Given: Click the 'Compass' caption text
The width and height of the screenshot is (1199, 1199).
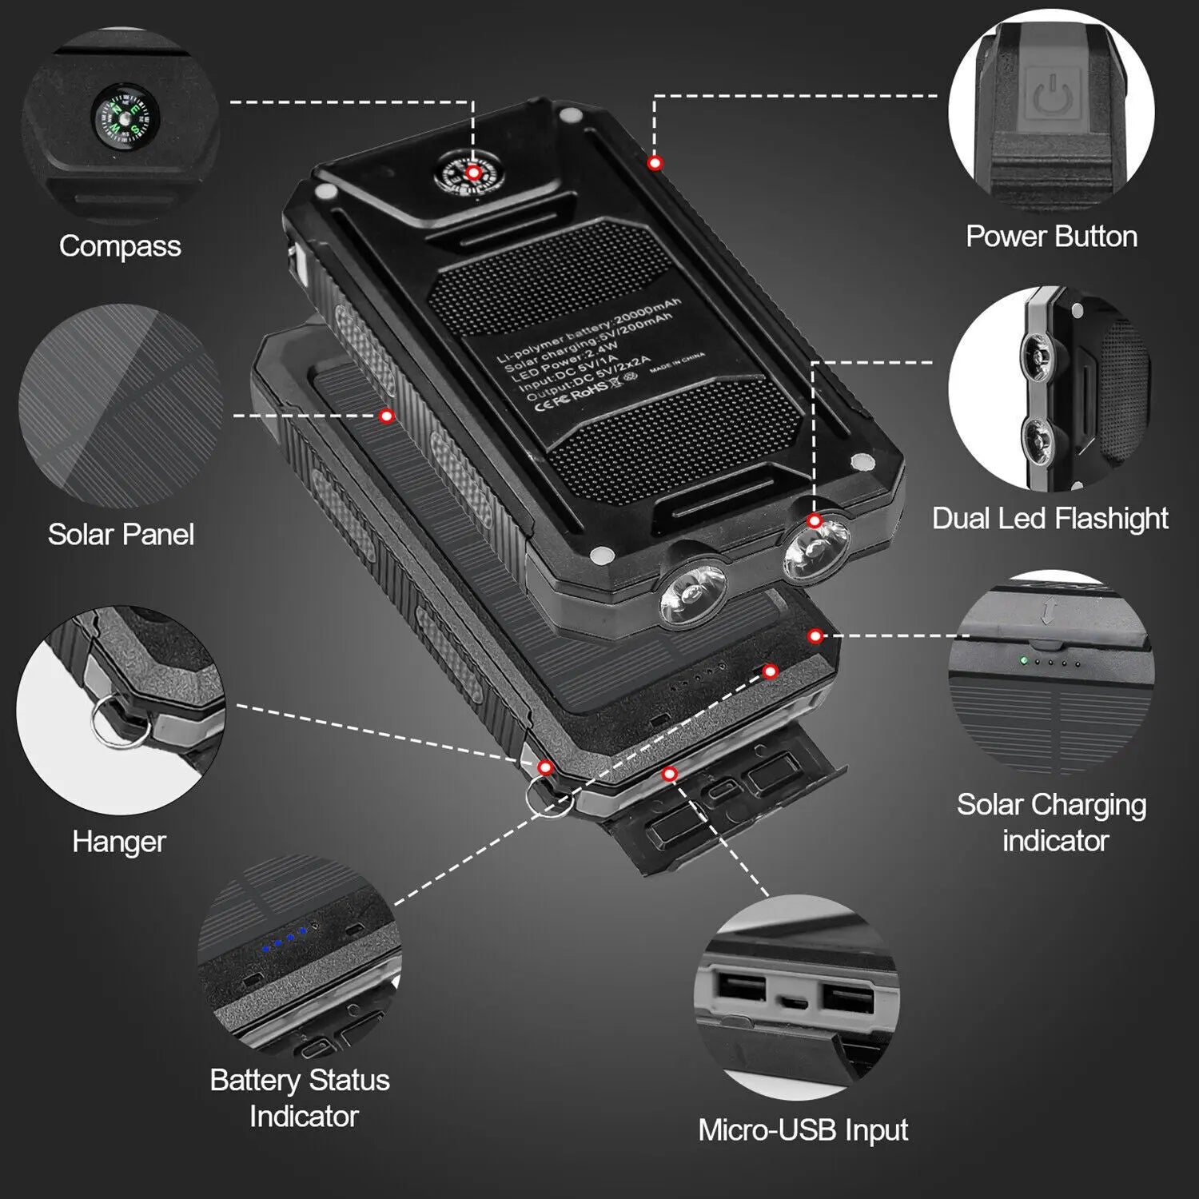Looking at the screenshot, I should (x=120, y=246).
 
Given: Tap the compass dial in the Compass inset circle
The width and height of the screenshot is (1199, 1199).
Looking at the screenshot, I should (x=125, y=118).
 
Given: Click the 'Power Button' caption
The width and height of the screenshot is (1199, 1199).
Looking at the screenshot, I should (x=1051, y=237).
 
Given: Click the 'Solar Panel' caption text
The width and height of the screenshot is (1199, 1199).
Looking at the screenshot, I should (x=121, y=534).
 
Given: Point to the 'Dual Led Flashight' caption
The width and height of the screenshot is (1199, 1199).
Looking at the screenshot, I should (x=1050, y=518).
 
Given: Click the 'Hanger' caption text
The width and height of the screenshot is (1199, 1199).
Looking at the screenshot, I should (x=119, y=841).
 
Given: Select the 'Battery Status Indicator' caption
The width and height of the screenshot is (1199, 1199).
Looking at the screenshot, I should (x=301, y=1097).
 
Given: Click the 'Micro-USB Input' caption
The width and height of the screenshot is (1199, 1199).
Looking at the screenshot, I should (x=803, y=1129).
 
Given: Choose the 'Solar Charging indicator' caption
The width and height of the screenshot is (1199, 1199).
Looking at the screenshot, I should (x=1052, y=822).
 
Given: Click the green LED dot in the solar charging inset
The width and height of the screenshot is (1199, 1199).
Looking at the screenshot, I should (x=1022, y=661).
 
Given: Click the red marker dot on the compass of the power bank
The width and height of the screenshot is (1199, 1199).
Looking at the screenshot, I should (x=473, y=173).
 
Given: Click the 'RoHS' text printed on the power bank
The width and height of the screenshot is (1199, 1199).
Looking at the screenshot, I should (x=589, y=390).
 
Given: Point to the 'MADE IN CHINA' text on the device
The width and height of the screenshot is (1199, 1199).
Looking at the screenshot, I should (x=677, y=364).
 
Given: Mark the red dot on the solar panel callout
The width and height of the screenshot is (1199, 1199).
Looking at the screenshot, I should (x=387, y=416).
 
